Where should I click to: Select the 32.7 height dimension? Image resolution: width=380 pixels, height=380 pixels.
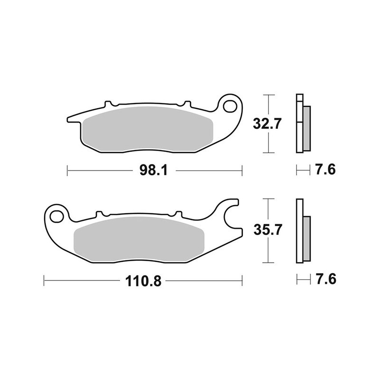click(266, 124)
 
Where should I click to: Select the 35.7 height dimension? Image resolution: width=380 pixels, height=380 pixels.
click(266, 230)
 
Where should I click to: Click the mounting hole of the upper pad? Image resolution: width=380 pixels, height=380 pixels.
click(232, 104)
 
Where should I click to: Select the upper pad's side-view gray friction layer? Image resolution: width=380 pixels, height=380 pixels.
click(306, 127)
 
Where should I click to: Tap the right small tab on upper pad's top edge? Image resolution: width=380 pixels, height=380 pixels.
click(187, 104)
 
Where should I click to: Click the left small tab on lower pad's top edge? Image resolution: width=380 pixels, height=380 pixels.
click(100, 214)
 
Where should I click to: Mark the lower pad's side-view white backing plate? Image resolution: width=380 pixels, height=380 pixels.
click(299, 230)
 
